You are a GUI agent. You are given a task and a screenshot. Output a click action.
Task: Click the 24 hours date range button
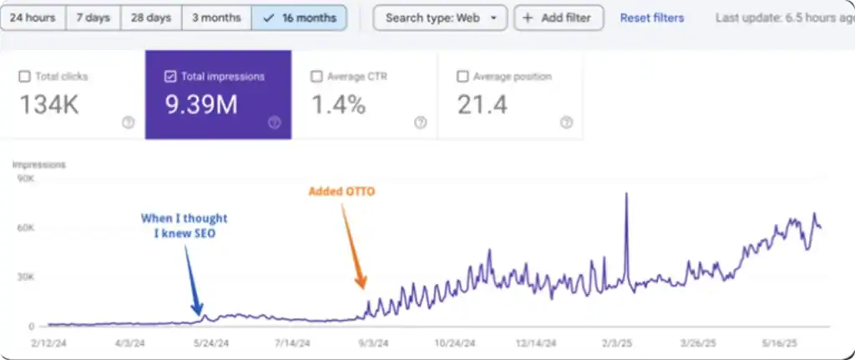click(31, 18)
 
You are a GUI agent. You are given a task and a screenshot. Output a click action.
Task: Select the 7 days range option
click(93, 18)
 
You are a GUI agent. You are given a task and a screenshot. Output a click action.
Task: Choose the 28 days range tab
click(151, 18)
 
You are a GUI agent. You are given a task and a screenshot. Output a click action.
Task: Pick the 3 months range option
click(216, 18)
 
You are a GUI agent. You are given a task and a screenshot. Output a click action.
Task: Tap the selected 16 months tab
click(299, 18)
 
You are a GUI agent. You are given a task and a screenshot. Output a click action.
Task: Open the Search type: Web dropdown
click(439, 18)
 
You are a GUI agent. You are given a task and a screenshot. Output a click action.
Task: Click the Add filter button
click(558, 18)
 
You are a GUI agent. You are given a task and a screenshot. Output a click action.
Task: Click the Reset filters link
click(651, 18)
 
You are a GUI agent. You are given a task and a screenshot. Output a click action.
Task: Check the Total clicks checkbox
click(23, 77)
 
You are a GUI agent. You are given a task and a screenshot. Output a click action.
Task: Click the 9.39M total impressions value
click(200, 104)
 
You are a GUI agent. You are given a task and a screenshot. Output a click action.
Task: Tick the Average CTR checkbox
click(316, 77)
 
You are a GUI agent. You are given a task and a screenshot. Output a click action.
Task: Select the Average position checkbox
click(463, 77)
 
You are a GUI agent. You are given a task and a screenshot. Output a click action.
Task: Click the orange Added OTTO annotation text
click(341, 191)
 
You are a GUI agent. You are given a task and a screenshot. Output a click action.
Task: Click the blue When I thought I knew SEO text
click(184, 225)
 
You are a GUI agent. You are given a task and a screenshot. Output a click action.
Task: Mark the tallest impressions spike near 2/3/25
click(626, 195)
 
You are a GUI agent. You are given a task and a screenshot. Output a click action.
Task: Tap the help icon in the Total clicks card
click(128, 122)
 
